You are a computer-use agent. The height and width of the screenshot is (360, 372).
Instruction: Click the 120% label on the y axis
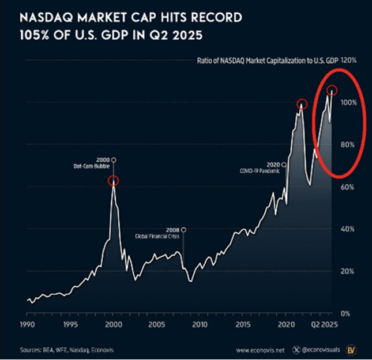(350, 60)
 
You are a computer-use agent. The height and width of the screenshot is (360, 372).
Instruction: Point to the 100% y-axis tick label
(350, 103)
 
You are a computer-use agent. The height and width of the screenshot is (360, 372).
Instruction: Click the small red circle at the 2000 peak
(114, 181)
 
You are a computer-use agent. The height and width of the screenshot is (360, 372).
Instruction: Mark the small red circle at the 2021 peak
(302, 104)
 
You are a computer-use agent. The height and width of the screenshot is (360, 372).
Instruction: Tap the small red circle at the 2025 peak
(332, 90)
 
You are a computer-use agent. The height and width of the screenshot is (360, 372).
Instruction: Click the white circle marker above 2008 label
(183, 229)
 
